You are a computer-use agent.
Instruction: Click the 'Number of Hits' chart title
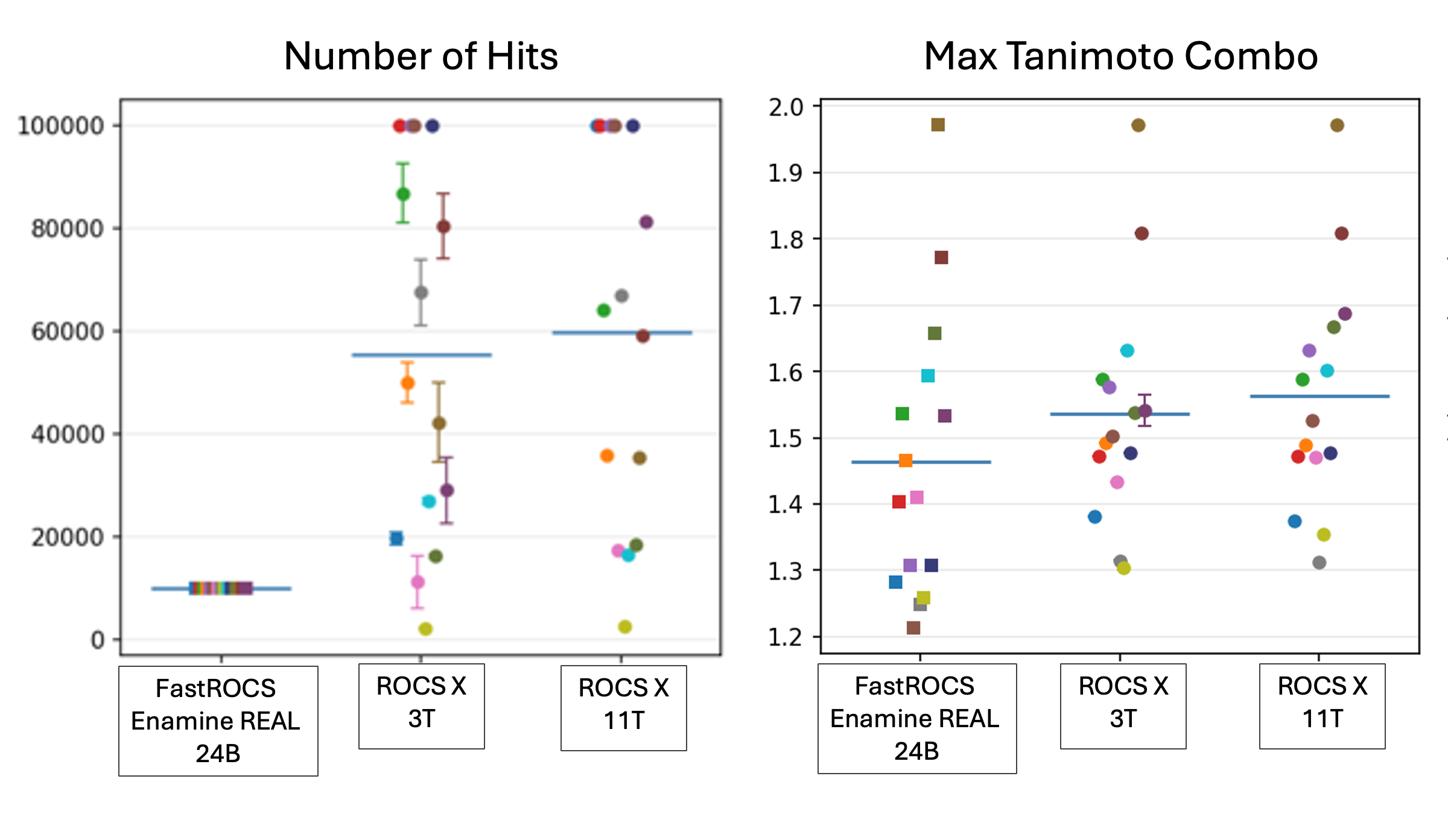click(421, 56)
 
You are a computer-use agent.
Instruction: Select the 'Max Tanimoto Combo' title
click(1120, 56)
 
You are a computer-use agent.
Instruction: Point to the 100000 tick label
click(60, 126)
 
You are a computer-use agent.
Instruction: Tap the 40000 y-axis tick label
click(67, 434)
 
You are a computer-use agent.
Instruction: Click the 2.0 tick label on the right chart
click(786, 107)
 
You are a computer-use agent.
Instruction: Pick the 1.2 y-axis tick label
click(786, 637)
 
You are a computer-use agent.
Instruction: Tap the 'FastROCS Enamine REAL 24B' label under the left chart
click(217, 721)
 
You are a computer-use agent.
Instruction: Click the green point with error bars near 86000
click(403, 194)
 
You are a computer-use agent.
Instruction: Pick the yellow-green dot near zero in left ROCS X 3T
click(425, 629)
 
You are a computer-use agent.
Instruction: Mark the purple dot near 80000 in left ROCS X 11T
click(646, 222)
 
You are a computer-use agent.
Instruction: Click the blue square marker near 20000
click(396, 538)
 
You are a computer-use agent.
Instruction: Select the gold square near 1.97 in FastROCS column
click(938, 125)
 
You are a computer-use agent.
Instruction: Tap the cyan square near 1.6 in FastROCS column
click(928, 376)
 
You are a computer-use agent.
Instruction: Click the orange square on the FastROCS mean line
click(906, 461)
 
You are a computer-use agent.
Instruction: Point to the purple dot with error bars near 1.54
click(1145, 411)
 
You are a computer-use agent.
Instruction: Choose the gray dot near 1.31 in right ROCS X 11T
click(1319, 563)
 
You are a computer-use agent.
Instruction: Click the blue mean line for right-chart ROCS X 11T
click(1319, 396)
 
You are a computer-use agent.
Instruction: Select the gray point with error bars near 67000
click(421, 292)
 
